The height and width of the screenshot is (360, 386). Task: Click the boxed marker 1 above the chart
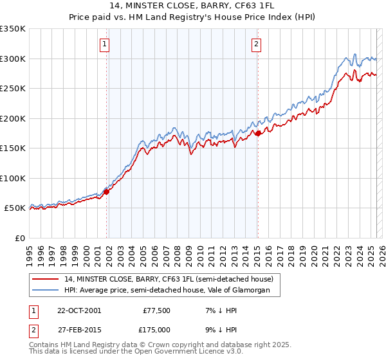104,44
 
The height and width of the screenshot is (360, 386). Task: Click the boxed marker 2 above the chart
256,44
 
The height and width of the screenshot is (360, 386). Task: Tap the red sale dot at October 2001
107,191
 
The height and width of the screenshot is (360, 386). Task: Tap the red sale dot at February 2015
258,133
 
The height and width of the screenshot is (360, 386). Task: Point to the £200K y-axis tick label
13,118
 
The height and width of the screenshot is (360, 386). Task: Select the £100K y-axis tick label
13,178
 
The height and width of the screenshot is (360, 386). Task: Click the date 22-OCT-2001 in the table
78,310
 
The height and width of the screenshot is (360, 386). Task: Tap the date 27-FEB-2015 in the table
78,329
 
